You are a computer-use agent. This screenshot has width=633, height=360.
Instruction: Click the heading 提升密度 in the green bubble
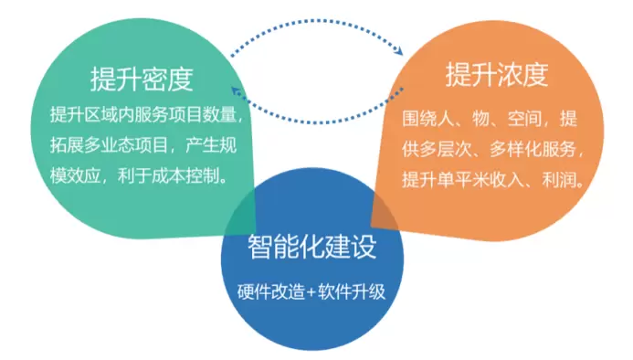coord(142,79)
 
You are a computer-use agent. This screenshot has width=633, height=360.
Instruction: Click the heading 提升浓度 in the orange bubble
coord(497,74)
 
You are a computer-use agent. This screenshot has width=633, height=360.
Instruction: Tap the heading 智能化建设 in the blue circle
coord(312,247)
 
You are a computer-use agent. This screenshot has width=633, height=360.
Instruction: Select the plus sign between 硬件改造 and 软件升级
coord(311,292)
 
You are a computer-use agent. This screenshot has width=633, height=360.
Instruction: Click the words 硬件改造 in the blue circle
coord(271,291)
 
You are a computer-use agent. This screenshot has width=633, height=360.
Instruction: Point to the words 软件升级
coord(352,291)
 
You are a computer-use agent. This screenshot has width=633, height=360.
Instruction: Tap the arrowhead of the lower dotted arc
coord(236,90)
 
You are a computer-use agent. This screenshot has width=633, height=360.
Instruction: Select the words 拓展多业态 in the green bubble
coord(92,145)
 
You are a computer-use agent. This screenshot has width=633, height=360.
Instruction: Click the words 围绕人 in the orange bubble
coord(427,119)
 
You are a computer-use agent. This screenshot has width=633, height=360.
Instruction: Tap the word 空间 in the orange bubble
coord(525,119)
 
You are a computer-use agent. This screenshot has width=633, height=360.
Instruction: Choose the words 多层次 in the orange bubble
coord(445,149)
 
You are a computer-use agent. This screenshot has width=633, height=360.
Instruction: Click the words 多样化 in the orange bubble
coord(516,149)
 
